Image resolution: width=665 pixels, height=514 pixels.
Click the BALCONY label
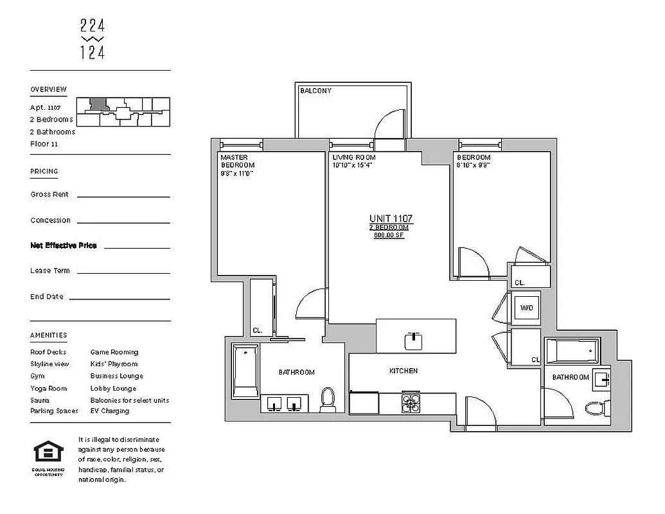[x=315, y=91]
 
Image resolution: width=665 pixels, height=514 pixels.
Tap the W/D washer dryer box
[x=525, y=308]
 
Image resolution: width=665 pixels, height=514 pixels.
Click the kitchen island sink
[x=413, y=341]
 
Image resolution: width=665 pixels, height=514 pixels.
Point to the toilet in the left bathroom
[x=328, y=400]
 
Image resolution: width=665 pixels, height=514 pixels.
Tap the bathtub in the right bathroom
[x=571, y=351]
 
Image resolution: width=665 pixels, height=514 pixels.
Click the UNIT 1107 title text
[x=391, y=219]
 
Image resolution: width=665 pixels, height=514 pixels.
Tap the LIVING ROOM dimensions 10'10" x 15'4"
[x=353, y=165]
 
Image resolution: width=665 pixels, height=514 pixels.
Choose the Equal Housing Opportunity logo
[x=48, y=453]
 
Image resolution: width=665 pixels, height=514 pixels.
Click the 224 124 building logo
[x=93, y=39]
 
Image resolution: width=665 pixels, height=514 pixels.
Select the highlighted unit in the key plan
[x=98, y=103]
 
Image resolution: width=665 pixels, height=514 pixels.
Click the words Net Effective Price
[x=64, y=245]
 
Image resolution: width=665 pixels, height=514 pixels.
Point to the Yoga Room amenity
[x=48, y=388]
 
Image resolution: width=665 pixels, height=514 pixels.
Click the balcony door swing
[x=389, y=125]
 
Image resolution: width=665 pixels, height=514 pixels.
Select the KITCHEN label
[x=403, y=371]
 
